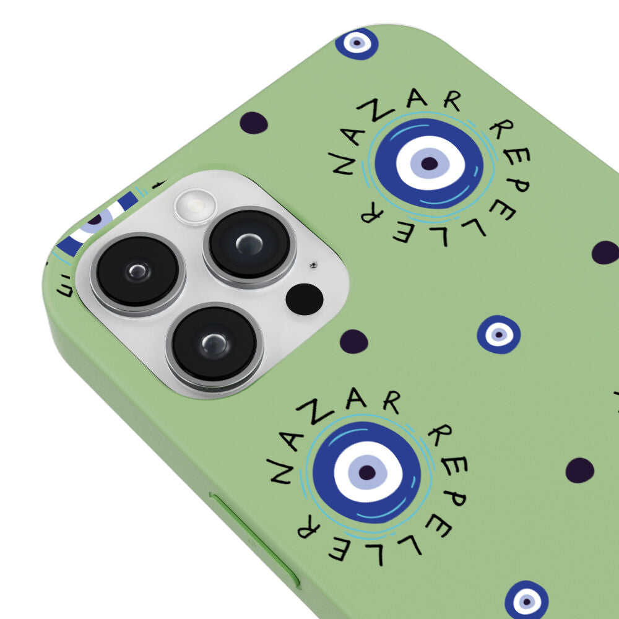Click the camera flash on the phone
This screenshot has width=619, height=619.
coord(196,207)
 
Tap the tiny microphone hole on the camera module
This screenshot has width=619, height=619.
coord(313,264)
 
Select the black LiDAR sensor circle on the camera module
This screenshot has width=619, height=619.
coord(305,299)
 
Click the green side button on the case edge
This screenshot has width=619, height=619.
coord(254,539)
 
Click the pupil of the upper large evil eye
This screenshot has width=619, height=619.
coord(429,163)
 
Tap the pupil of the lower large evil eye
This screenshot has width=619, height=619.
coord(367,472)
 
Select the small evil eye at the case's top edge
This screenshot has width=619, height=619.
coord(357,43)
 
